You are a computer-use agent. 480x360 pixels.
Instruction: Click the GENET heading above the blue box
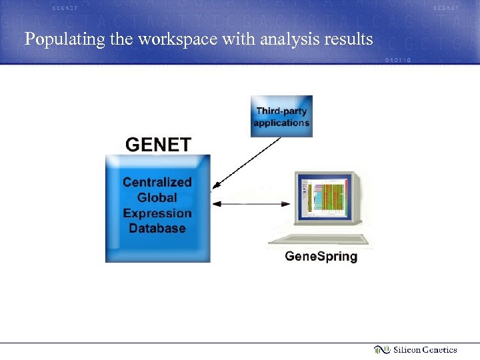(158, 145)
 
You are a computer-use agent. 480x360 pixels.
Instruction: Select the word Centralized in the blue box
(157, 182)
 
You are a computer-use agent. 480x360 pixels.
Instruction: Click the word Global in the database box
(157, 197)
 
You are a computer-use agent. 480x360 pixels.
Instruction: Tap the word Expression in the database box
(157, 213)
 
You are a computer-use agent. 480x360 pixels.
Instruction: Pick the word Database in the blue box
(157, 229)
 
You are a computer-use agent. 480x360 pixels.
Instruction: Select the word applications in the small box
(281, 123)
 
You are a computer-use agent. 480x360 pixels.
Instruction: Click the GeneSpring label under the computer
(321, 257)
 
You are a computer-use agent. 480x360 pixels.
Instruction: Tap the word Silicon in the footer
(407, 350)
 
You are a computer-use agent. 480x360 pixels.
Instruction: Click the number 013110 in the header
(398, 59)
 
